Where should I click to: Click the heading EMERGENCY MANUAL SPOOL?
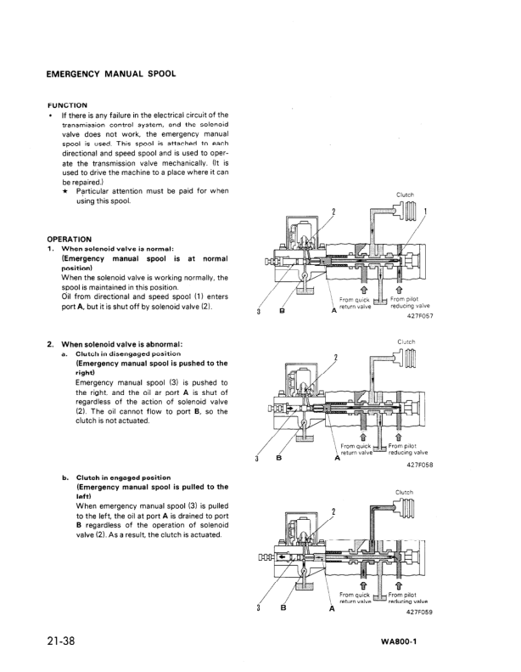[x=111, y=73]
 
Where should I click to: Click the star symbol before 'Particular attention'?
[x=66, y=191]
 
